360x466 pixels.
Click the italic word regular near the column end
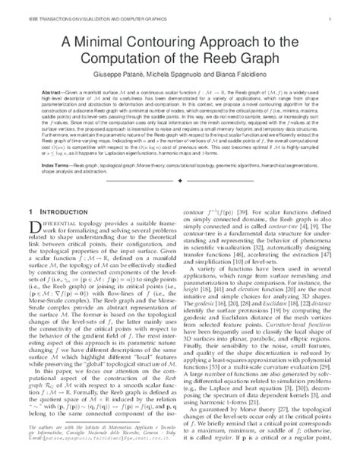coord(239,459)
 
